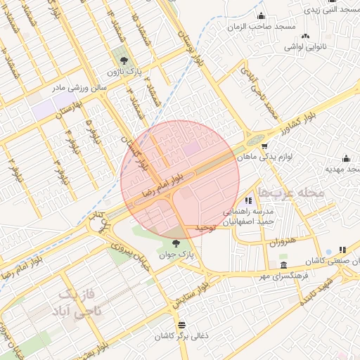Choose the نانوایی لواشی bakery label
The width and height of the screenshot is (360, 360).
(x=302, y=46)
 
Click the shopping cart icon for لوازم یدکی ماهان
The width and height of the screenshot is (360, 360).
(x=264, y=146)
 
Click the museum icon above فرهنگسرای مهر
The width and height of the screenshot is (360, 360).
(x=283, y=265)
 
